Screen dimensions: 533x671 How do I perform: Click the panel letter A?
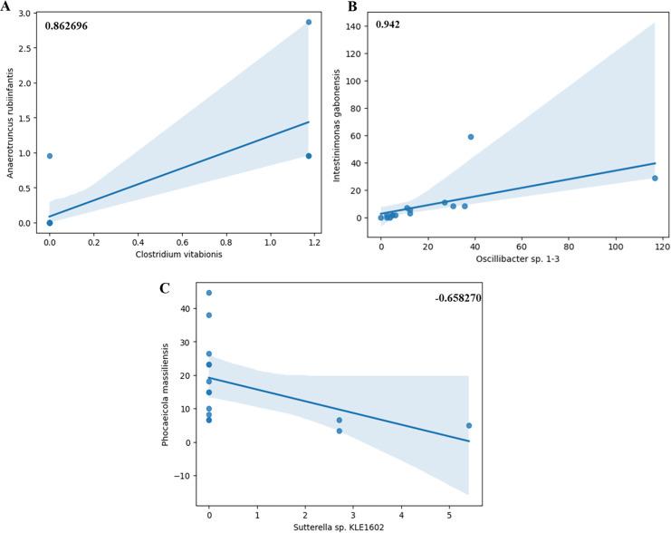coord(6,6)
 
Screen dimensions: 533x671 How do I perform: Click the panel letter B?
coord(353,6)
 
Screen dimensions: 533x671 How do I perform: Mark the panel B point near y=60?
coord(471,137)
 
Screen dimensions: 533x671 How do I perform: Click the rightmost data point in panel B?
coord(655,178)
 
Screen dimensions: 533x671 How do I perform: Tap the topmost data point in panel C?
coord(209,293)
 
